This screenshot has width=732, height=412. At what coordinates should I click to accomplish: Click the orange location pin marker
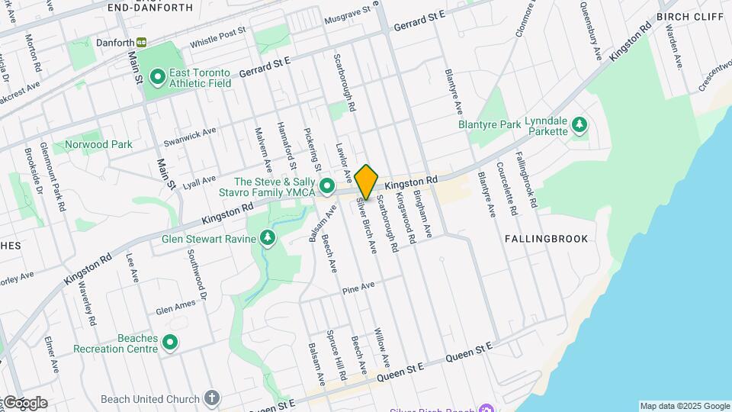coord(367,182)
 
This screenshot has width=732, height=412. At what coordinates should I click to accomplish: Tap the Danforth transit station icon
coord(142,43)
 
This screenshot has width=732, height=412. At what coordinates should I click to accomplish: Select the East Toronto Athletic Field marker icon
coord(158,76)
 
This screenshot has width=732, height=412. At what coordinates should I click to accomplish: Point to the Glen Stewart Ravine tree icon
coord(268,239)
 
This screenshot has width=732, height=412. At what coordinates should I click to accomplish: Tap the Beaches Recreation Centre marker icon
coord(170,343)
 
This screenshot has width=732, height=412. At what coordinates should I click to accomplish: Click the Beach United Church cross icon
coord(212,398)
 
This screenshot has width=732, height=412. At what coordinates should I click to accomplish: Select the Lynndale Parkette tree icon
coord(579,124)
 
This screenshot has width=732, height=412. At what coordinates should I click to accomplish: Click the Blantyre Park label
coord(489,124)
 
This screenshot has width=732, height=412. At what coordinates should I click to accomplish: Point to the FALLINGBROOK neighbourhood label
coord(546,239)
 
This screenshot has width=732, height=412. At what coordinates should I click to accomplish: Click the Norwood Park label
coord(98,144)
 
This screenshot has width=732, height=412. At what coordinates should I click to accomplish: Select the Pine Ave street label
coord(358,288)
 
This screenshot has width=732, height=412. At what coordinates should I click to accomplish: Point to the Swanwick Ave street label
coord(190,137)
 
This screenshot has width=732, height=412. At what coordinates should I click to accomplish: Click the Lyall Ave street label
coord(179,182)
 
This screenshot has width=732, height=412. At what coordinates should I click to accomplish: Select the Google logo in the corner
coord(24,403)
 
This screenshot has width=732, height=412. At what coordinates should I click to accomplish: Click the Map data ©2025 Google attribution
coord(684,406)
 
